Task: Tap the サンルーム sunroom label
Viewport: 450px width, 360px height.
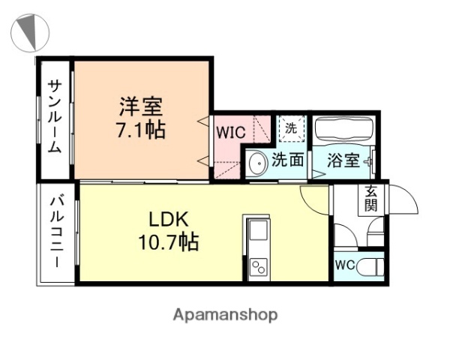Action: pyautogui.click(x=55, y=117)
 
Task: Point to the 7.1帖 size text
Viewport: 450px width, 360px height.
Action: pyautogui.click(x=140, y=129)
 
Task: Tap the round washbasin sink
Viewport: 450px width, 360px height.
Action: pyautogui.click(x=257, y=162)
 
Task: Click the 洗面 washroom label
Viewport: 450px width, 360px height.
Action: pyautogui.click(x=287, y=160)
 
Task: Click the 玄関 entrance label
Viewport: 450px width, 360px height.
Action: pyautogui.click(x=371, y=199)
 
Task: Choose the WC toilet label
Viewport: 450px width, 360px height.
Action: pyautogui.click(x=345, y=265)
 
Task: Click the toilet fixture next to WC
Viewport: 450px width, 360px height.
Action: pyautogui.click(x=371, y=265)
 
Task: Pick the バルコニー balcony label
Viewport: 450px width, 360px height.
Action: pyautogui.click(x=55, y=232)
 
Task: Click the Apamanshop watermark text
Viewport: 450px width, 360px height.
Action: pyautogui.click(x=225, y=314)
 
